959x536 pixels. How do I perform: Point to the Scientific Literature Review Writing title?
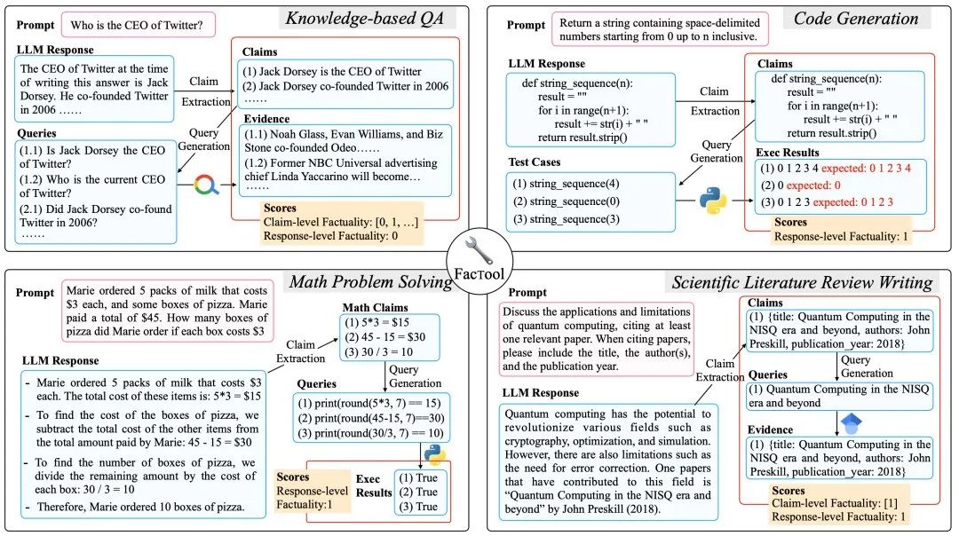click(803, 283)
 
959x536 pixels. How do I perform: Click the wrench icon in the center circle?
click(479, 248)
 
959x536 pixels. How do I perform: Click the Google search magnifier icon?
click(206, 185)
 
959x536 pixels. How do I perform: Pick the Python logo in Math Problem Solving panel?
click(433, 454)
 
